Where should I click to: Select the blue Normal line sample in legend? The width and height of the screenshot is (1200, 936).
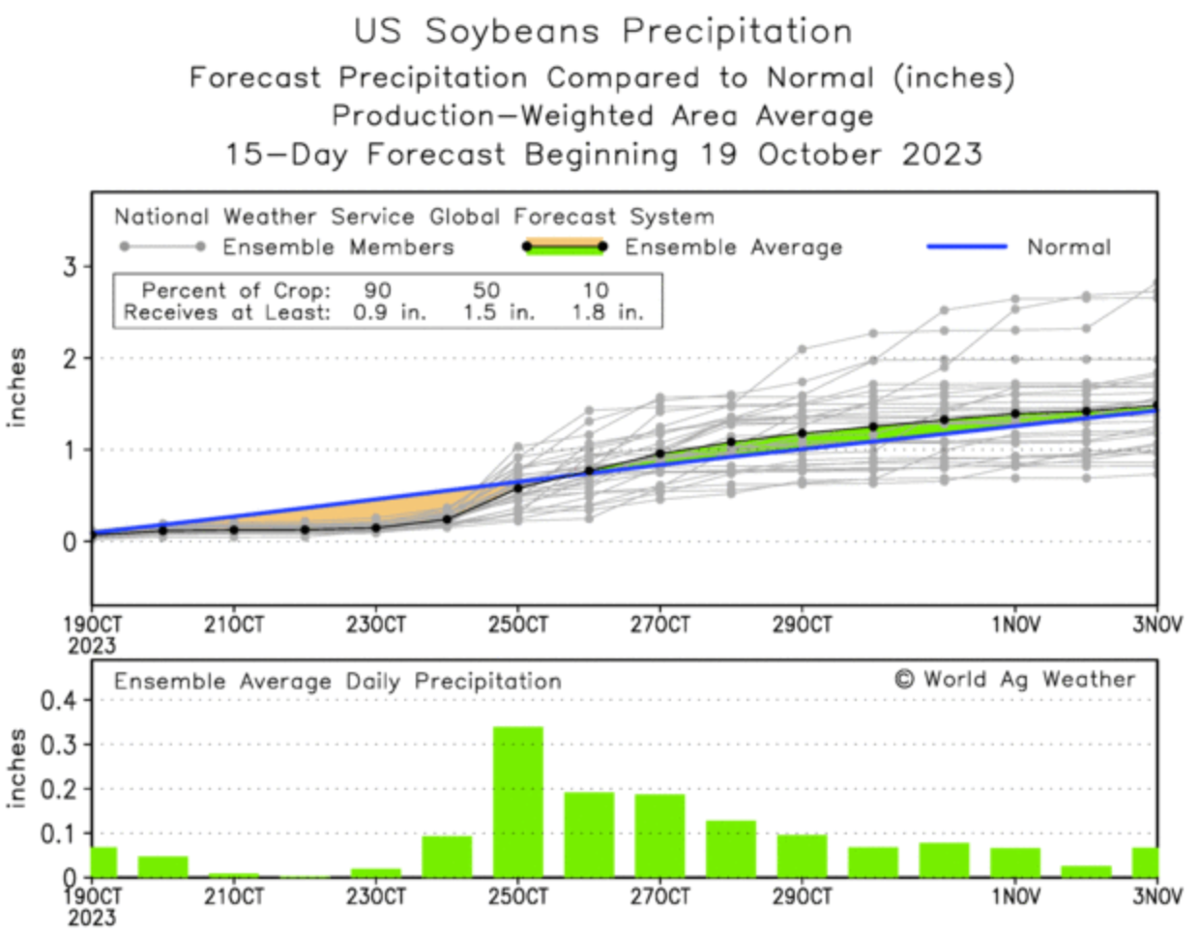click(x=967, y=247)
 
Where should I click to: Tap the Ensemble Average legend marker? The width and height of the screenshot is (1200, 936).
click(x=565, y=247)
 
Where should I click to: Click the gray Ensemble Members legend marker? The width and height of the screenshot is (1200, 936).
click(x=161, y=247)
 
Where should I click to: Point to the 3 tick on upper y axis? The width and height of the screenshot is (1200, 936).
click(x=70, y=266)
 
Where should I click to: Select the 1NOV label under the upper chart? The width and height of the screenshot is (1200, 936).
click(x=1015, y=625)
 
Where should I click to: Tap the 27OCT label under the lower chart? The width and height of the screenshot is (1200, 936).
click(x=660, y=897)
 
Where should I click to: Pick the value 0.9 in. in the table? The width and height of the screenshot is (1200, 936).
click(x=390, y=312)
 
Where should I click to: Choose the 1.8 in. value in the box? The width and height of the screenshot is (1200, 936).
click(x=607, y=312)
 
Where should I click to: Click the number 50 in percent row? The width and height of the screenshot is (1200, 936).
click(x=486, y=290)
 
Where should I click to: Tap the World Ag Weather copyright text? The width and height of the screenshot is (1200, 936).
click(x=1014, y=679)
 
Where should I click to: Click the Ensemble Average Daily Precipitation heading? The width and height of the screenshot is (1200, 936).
click(x=337, y=681)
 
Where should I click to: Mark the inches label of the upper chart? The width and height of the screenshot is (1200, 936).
click(x=16, y=387)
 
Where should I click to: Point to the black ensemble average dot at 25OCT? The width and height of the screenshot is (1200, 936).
click(x=518, y=487)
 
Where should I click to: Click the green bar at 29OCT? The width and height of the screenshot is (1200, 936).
click(x=802, y=855)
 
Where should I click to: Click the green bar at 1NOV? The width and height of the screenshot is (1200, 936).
click(x=1015, y=862)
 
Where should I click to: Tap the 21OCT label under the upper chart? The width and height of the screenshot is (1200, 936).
click(x=234, y=625)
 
